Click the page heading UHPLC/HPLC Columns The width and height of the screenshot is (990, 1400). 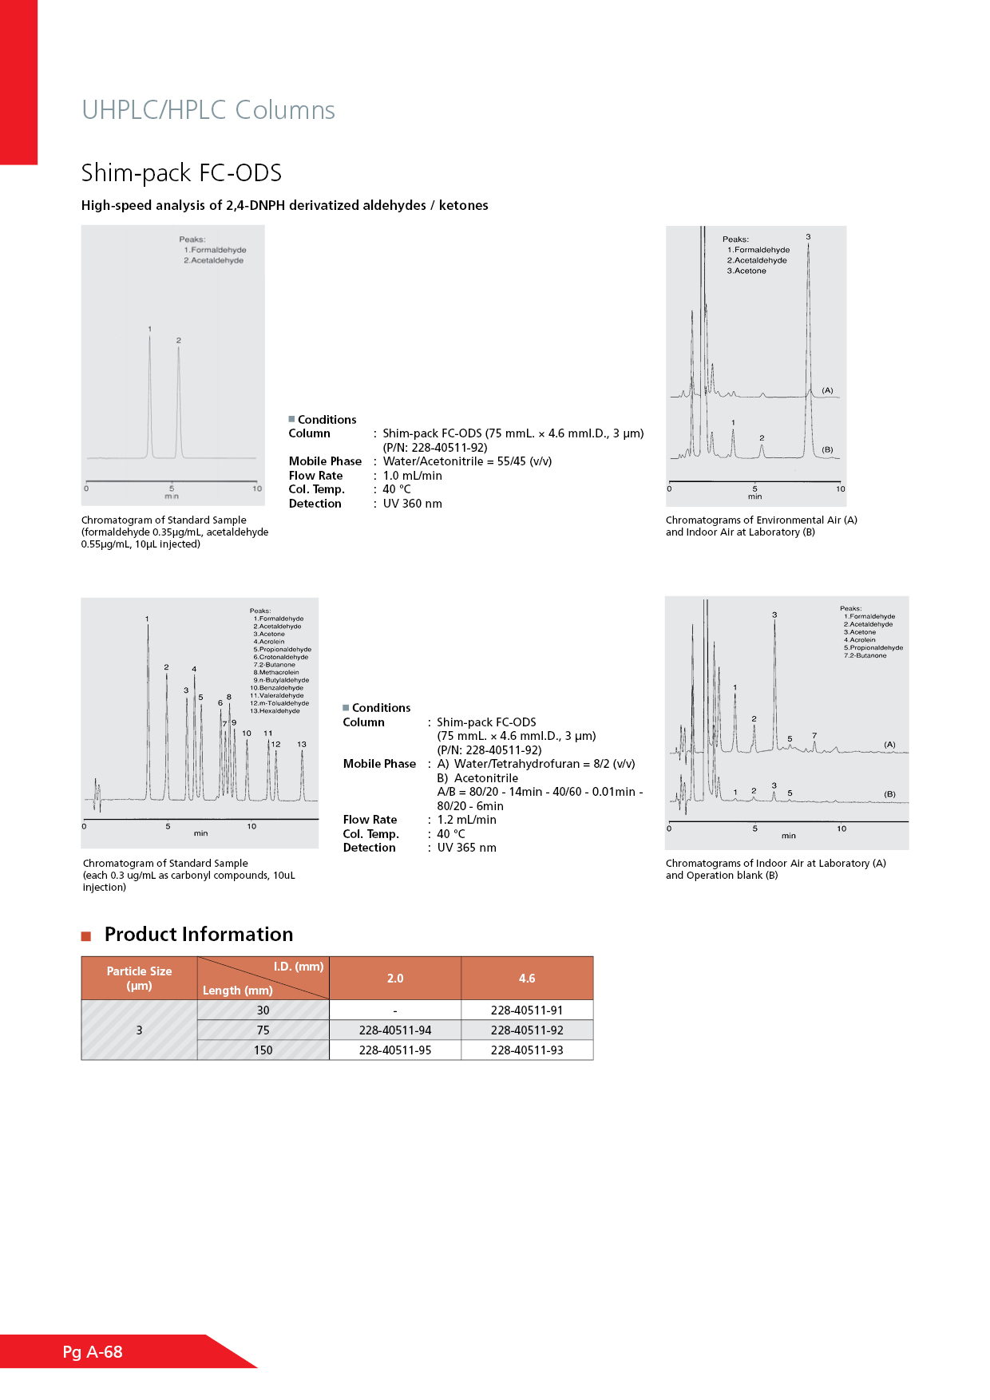coord(208,110)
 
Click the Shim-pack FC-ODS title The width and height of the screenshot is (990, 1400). coord(181,172)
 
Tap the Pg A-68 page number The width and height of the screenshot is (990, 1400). coord(93,1351)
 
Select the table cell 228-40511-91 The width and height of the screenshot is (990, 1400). coord(527,1010)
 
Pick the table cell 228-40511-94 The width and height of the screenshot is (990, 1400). coord(395,1030)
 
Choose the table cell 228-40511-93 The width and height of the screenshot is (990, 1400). coord(527,1050)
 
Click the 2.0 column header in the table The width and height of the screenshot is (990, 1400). coord(395,979)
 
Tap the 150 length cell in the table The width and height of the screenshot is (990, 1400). coord(263,1050)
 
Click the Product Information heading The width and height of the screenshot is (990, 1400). coord(199,935)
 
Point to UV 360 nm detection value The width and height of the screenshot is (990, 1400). coord(412,504)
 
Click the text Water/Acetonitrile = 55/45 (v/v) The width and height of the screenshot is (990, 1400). coord(467,461)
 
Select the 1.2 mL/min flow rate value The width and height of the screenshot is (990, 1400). coord(466,820)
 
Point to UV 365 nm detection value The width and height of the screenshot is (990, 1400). coord(466,848)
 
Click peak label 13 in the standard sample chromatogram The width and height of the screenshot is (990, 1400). coord(302,744)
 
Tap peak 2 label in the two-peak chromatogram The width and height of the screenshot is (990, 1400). coord(179,341)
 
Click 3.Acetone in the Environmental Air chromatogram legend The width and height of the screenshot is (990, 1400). coord(746,271)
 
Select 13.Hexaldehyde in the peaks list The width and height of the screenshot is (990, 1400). coord(275,711)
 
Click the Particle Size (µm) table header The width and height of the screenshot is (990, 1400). coord(139,979)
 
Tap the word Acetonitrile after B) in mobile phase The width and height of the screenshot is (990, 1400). coord(486,778)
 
